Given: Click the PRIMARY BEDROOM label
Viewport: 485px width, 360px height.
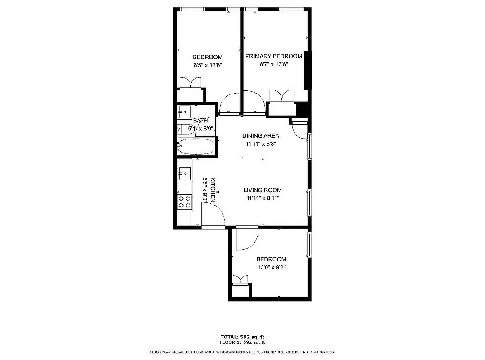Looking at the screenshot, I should (x=273, y=56).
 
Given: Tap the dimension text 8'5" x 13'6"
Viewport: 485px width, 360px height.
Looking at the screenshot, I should (x=208, y=65).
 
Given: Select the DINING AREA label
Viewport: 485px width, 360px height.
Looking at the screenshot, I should (x=260, y=135).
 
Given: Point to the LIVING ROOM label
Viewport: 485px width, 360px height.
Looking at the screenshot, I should (x=263, y=190).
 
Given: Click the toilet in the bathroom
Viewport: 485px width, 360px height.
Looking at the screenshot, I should (x=183, y=128).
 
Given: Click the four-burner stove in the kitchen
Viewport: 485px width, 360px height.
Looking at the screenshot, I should (x=185, y=202).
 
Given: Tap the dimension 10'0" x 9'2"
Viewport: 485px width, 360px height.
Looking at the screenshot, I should (x=271, y=267).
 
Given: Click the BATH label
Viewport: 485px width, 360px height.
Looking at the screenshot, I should (x=200, y=121).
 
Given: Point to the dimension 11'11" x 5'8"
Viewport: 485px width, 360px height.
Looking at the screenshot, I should (x=260, y=144).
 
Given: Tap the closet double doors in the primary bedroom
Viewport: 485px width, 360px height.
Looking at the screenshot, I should (x=281, y=95).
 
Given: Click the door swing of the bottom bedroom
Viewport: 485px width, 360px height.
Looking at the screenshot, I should (x=246, y=238).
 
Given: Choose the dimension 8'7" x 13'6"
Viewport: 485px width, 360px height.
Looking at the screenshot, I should (x=273, y=64).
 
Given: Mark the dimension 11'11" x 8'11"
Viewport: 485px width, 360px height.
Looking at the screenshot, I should (x=263, y=198).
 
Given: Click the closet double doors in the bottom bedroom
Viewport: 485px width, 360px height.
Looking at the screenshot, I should (x=240, y=279).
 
